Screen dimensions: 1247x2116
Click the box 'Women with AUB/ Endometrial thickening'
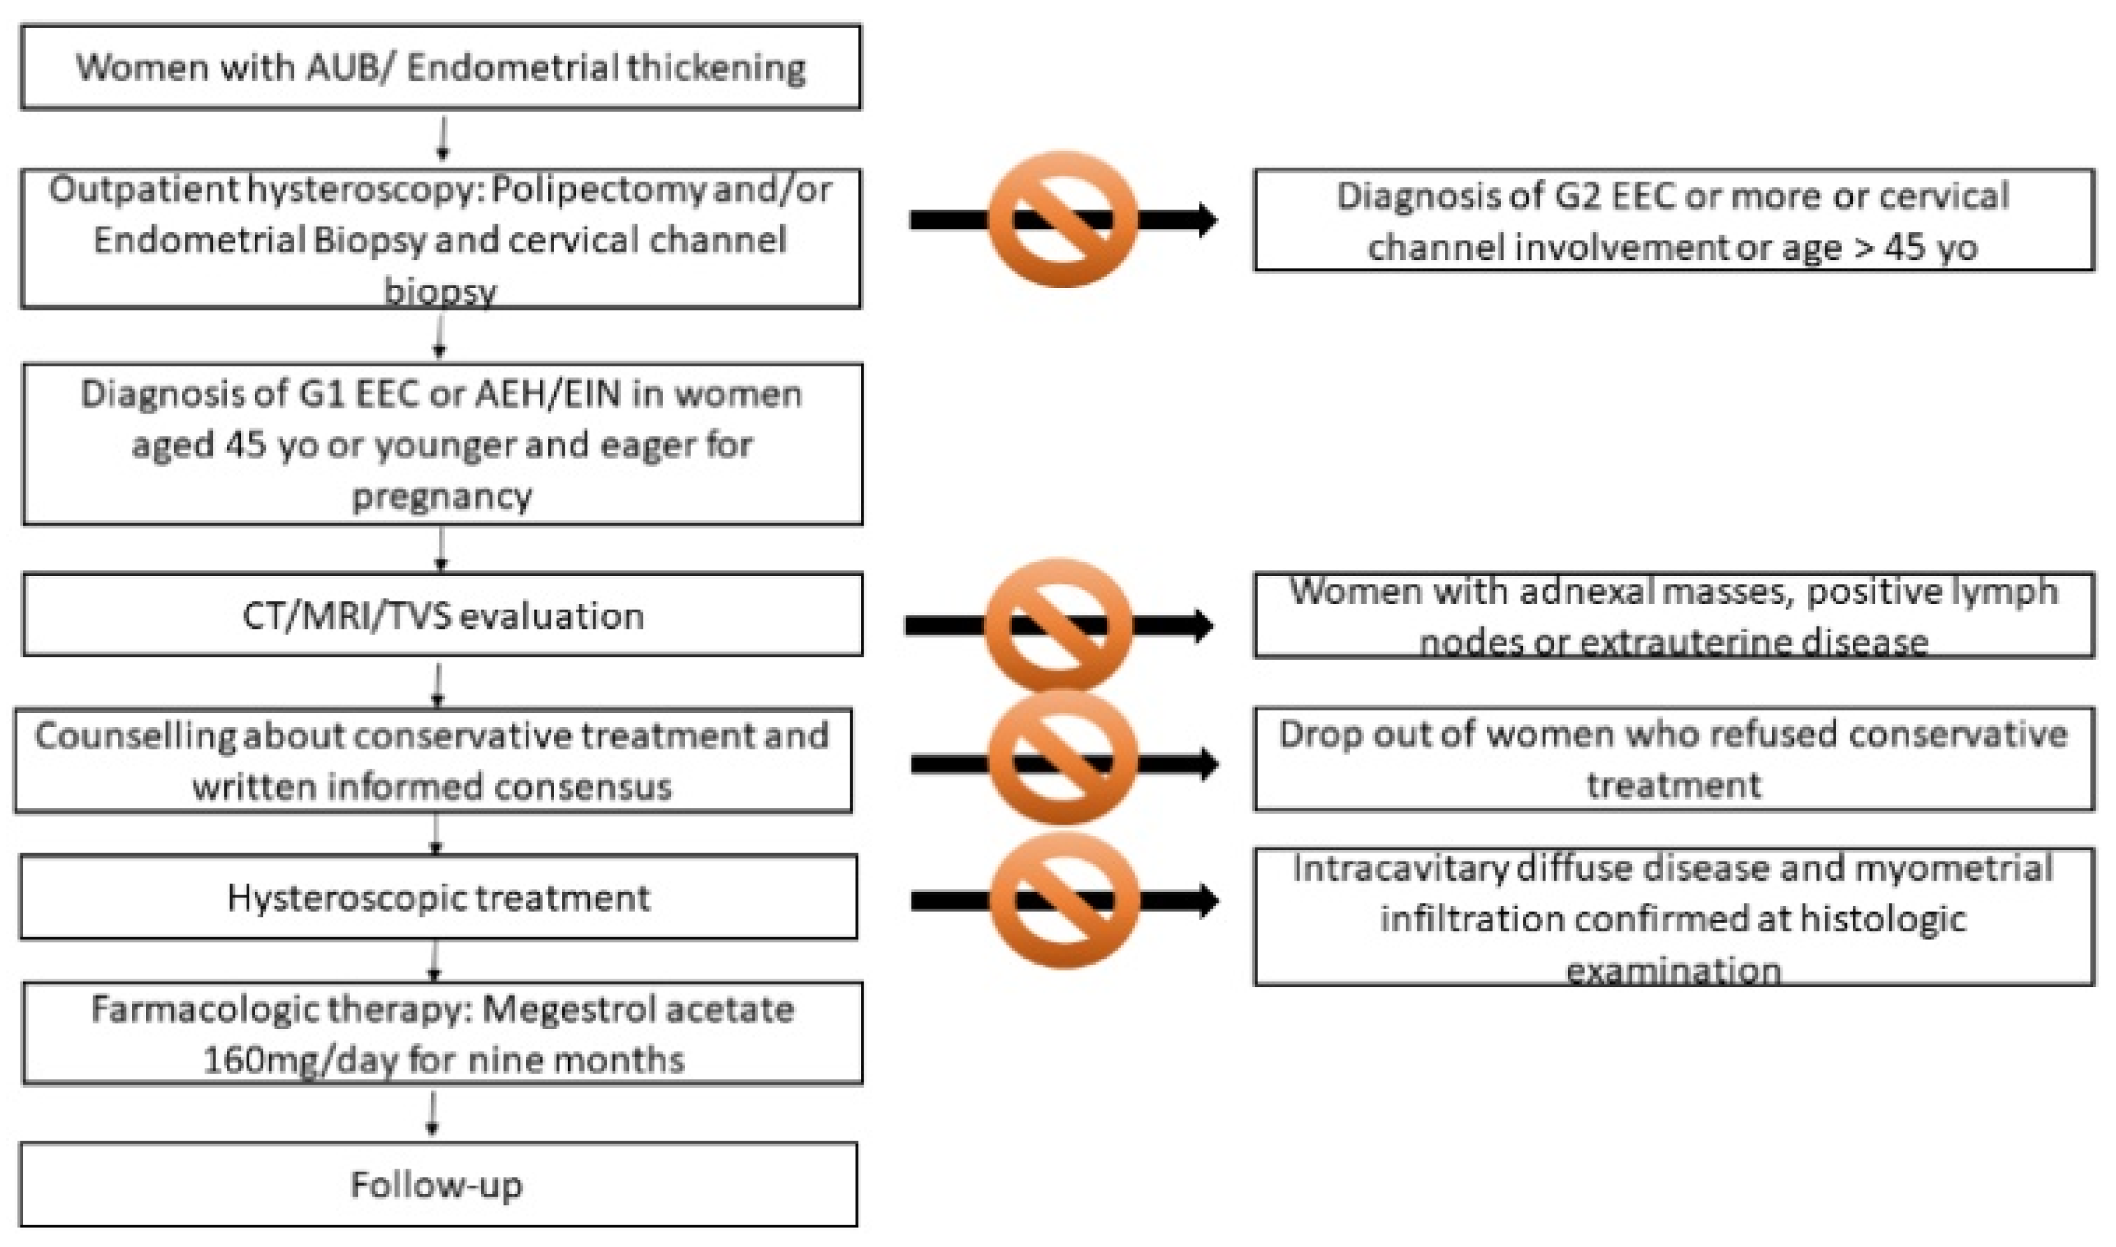(440, 67)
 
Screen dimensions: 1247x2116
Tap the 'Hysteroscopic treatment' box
(438, 897)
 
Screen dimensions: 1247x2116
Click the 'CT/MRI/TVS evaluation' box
(442, 615)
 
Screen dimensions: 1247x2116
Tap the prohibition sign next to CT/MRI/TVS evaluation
(1058, 625)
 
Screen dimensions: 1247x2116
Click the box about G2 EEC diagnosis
(1672, 220)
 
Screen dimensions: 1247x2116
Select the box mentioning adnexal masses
(1672, 615)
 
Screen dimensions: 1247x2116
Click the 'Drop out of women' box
(1672, 759)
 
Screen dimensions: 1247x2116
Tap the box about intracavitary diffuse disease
(1672, 917)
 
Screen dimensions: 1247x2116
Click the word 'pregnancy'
(441, 496)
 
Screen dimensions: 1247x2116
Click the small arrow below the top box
(442, 139)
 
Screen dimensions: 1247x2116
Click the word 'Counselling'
(135, 735)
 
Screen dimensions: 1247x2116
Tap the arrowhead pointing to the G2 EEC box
(1207, 220)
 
